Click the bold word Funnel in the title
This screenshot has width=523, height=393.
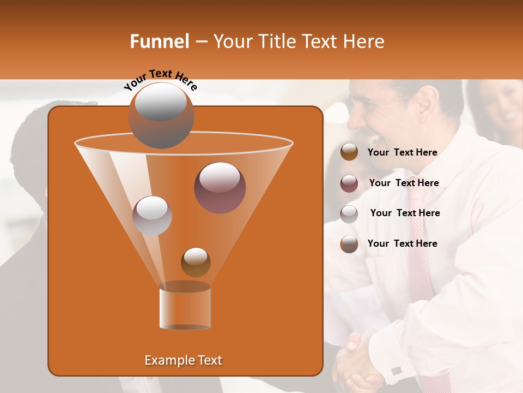[x=160, y=41]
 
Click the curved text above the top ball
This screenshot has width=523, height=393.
[x=160, y=80]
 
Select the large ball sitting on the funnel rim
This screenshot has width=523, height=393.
[x=161, y=115]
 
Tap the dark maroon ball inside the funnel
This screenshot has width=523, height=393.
[x=220, y=187]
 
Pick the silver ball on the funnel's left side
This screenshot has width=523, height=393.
[x=152, y=215]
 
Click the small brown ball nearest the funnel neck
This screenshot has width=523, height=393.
[x=196, y=262]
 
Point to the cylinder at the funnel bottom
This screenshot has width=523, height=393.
[x=185, y=307]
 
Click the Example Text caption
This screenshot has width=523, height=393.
[x=184, y=360]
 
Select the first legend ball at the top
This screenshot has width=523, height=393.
[x=349, y=152]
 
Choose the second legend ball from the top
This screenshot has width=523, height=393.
[x=349, y=183]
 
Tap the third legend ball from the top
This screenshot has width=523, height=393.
[x=349, y=213]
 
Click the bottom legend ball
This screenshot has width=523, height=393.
[x=349, y=243]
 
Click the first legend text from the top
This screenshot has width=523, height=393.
[x=402, y=152]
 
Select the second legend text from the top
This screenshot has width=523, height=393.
[x=404, y=183]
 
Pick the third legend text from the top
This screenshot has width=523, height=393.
[x=405, y=213]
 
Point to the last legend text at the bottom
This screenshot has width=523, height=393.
[x=402, y=243]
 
